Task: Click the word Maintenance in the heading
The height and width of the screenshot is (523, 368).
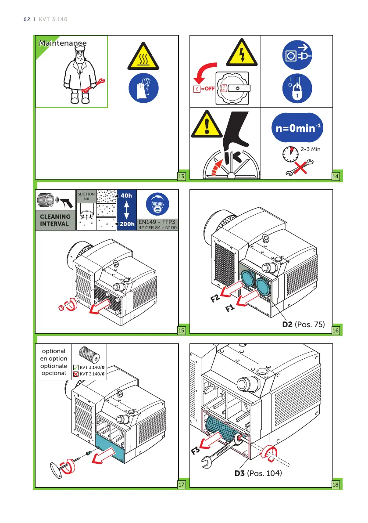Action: pos(62,43)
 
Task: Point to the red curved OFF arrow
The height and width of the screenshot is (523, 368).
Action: pos(202,73)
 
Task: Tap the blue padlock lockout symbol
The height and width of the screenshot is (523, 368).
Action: pos(297,88)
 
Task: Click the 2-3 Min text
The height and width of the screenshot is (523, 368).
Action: pos(311,149)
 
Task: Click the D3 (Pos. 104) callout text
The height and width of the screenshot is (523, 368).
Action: pos(257,473)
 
